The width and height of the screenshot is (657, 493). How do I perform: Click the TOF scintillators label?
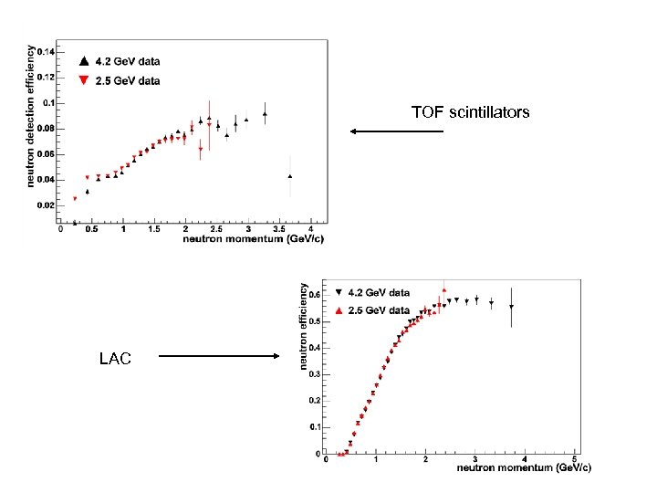[x=470, y=112]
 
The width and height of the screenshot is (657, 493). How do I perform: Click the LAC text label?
[x=115, y=359]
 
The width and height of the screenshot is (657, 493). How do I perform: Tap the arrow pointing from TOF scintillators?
[x=397, y=131]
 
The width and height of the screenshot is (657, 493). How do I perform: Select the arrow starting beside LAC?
[x=219, y=356]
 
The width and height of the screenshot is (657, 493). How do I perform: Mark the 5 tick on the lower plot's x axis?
[x=574, y=459]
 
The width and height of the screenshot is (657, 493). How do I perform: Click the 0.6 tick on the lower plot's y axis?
[x=315, y=295]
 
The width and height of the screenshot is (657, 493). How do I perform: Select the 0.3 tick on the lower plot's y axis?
[x=315, y=373]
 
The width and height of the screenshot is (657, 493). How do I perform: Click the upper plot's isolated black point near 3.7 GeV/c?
[x=290, y=176]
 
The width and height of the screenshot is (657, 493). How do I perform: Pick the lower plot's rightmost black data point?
[x=512, y=307]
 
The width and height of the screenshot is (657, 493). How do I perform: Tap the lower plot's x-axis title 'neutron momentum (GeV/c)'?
[x=524, y=468]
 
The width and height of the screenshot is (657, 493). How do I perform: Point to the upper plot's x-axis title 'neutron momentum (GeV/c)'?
[x=253, y=238]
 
